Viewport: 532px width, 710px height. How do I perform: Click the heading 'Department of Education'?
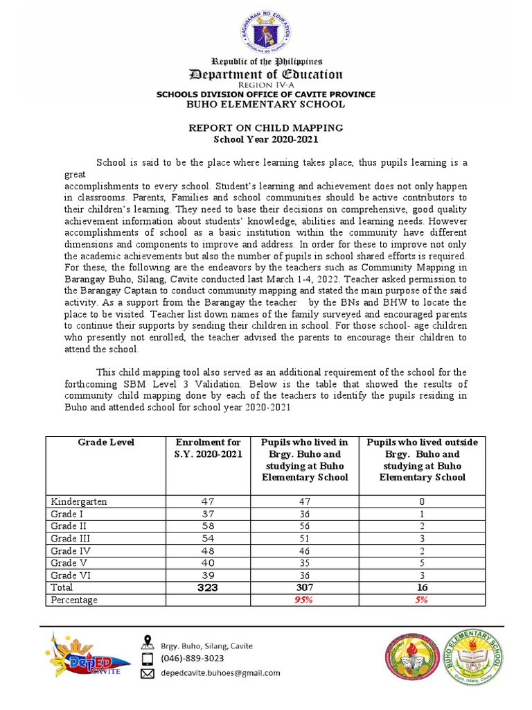click(266, 74)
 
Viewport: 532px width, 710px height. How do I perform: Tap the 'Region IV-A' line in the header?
click(266, 85)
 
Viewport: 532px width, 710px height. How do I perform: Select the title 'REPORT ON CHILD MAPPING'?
click(266, 128)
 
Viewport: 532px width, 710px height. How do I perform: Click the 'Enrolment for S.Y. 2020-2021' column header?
click(209, 448)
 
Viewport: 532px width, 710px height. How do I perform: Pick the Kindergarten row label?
click(80, 501)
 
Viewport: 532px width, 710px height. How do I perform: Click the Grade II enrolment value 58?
click(209, 526)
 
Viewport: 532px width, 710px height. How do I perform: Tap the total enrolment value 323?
click(209, 587)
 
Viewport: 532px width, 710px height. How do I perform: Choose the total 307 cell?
click(305, 587)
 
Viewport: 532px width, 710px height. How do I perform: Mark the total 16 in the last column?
click(422, 587)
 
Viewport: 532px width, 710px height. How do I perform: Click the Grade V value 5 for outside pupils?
click(422, 563)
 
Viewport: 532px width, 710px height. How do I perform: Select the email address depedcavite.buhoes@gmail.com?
click(220, 673)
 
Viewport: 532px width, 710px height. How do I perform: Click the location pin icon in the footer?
click(147, 641)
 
